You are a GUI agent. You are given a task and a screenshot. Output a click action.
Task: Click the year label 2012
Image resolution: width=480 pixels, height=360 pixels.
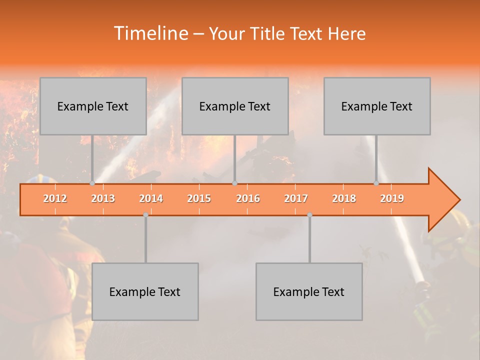coord(55,198)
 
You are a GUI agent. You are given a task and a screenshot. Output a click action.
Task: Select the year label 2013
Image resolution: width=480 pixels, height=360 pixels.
coord(103,198)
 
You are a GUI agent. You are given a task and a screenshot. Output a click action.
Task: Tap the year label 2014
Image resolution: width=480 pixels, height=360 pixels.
coord(151,198)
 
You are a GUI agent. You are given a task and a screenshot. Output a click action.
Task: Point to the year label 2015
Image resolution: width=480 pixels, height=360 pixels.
coord(199,198)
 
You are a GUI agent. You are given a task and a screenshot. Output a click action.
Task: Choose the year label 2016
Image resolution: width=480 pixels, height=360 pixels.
coord(248,198)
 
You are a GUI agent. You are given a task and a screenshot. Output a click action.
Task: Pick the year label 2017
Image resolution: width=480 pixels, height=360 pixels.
coord(296,198)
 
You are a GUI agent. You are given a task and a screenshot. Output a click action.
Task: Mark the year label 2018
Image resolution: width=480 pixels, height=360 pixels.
coord(344,198)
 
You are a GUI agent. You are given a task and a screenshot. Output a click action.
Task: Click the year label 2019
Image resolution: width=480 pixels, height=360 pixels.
coord(392,198)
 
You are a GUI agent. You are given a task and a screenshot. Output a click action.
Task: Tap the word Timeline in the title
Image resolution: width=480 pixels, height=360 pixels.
coord(149,33)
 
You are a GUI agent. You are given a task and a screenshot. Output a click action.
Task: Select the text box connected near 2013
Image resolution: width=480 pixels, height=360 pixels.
coord(93,106)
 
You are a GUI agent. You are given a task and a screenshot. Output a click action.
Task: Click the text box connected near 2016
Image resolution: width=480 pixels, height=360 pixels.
coord(235,106)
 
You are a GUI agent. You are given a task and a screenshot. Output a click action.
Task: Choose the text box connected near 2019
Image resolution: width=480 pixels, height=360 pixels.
coord(377,106)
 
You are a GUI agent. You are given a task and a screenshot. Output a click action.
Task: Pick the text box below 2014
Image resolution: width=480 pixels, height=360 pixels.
coord(145,291)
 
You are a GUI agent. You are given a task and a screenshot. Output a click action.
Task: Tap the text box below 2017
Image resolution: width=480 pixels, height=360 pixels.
coord(309,291)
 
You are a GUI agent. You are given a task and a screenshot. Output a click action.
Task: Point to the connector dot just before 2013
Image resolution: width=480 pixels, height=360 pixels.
coord(92,183)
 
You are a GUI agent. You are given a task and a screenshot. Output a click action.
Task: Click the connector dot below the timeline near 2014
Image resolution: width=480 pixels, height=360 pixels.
coord(145,214)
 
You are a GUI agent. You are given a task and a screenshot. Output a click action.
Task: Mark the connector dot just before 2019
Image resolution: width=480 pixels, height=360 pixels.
coord(376,183)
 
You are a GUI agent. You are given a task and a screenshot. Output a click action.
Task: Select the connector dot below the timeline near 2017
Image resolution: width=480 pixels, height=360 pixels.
coord(309,214)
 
